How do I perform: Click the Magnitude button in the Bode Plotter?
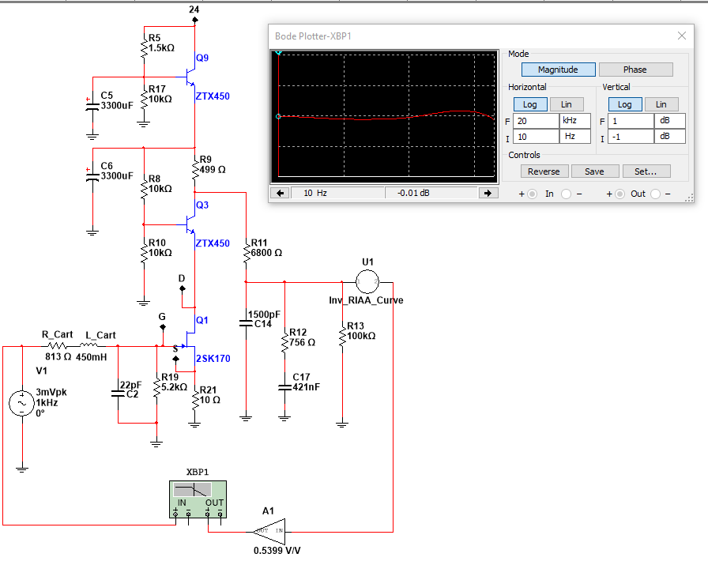point(558,70)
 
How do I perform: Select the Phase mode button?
point(635,70)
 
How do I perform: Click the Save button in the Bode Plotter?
point(593,171)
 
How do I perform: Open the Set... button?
point(646,171)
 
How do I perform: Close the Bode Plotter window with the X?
point(682,36)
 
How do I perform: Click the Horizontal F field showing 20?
point(536,121)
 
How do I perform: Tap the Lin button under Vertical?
point(661,104)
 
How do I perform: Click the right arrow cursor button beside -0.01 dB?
point(488,193)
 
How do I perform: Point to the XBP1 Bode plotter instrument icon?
point(198,499)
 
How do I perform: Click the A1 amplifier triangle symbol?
point(269,532)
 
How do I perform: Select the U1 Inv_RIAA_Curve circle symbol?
point(367,282)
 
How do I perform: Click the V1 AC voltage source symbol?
point(21,403)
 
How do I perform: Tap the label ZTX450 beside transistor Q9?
point(213,96)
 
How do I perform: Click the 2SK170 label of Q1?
point(213,359)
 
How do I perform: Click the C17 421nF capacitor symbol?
point(284,387)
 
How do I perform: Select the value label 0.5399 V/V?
point(277,551)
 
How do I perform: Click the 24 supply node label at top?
point(194,9)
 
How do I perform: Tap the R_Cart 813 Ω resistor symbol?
point(58,346)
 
